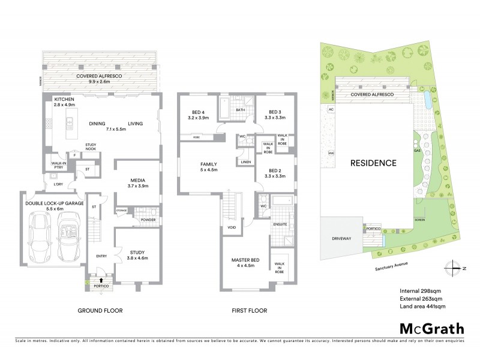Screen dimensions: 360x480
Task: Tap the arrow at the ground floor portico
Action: [x=101, y=279]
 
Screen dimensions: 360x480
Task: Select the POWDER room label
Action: [x=148, y=220]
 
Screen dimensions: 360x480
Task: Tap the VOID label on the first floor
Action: [x=232, y=228]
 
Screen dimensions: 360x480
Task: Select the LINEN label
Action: [x=245, y=162]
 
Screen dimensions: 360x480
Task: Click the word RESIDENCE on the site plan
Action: [x=374, y=163]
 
